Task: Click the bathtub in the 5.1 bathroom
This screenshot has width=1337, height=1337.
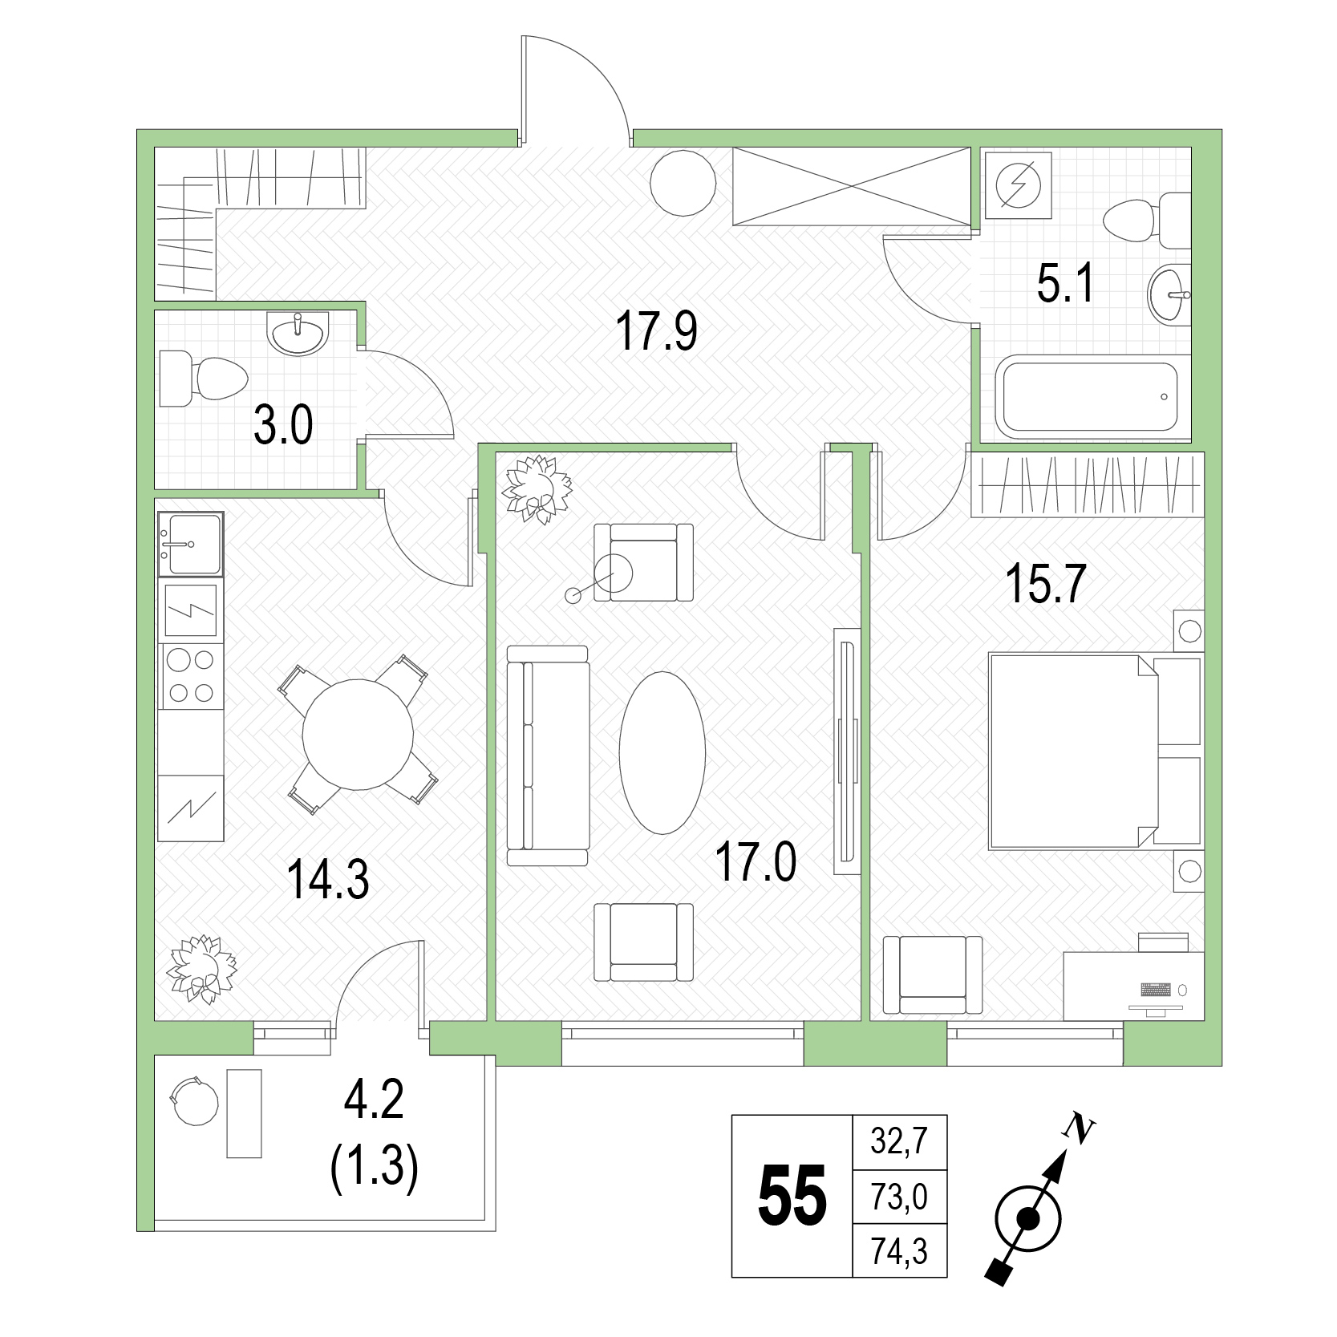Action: pyautogui.click(x=1087, y=398)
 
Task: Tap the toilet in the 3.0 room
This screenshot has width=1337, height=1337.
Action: pyautogui.click(x=203, y=377)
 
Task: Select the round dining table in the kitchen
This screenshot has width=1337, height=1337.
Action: pyautogui.click(x=358, y=733)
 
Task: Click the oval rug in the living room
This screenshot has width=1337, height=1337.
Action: pyautogui.click(x=662, y=752)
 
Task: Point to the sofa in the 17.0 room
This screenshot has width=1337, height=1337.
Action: pyautogui.click(x=548, y=756)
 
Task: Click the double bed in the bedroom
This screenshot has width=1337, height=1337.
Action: pyautogui.click(x=1095, y=751)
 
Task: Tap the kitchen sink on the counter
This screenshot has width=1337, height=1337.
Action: pyautogui.click(x=191, y=544)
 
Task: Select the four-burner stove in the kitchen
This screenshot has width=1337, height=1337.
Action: pyautogui.click(x=191, y=676)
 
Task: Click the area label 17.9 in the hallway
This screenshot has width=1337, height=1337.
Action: pyautogui.click(x=657, y=331)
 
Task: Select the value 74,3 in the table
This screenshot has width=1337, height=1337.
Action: pyautogui.click(x=899, y=1250)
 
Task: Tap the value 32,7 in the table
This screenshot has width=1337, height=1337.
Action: pyautogui.click(x=899, y=1141)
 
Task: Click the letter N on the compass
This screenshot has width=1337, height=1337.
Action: pyautogui.click(x=1079, y=1128)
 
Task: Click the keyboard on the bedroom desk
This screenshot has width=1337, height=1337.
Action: pyautogui.click(x=1156, y=989)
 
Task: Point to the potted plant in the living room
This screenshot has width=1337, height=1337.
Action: pyautogui.click(x=536, y=488)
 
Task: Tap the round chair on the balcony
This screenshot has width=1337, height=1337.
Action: pyautogui.click(x=193, y=1102)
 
